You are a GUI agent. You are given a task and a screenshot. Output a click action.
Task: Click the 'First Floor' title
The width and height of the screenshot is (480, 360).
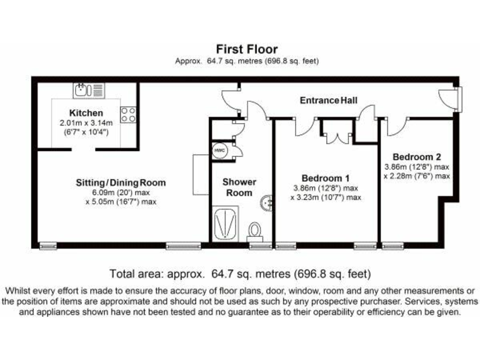point(247,49)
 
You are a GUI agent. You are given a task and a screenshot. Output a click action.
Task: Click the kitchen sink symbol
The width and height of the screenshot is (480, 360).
point(88,91)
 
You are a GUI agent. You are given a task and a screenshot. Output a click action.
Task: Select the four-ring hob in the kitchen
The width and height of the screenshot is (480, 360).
point(128,114)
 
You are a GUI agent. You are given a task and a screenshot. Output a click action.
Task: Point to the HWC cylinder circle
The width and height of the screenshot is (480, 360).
point(219,151)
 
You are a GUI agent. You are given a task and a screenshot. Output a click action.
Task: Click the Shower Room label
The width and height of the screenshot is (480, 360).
point(240,187)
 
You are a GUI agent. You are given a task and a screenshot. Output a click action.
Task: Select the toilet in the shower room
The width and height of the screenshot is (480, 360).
point(256,231)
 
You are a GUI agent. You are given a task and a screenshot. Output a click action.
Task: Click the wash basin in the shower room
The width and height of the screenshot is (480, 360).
point(267,202)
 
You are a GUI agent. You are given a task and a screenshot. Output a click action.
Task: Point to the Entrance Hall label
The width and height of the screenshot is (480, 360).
point(329,100)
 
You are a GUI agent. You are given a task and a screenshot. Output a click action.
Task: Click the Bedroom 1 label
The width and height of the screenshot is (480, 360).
point(325,177)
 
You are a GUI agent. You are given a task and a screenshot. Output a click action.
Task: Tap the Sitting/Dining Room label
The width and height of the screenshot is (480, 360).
point(121,182)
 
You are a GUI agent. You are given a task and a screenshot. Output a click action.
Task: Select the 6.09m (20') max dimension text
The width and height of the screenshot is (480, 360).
point(121,193)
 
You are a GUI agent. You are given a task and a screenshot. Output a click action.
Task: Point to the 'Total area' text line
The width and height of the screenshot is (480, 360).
point(240,274)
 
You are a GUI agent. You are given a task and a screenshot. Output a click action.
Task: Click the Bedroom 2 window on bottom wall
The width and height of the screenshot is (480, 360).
point(393,246)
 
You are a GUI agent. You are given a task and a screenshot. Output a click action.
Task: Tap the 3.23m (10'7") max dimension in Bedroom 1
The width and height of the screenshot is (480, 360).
point(325,197)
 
